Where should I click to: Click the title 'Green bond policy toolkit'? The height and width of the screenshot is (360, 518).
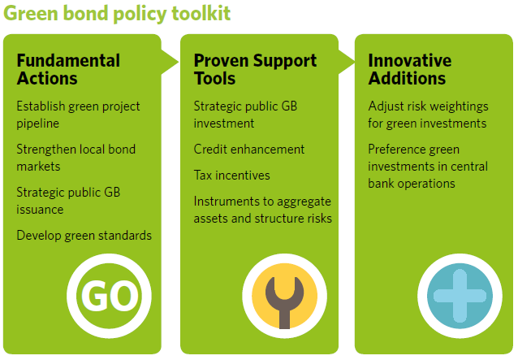117,14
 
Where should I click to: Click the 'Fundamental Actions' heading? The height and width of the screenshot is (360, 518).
68,69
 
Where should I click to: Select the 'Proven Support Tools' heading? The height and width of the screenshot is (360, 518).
255,69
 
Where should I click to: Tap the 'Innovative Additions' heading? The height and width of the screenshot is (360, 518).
410,69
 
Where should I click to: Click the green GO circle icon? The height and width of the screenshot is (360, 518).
109,296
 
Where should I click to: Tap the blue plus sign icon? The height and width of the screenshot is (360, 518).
460,296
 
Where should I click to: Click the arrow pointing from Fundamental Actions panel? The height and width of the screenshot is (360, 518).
170,62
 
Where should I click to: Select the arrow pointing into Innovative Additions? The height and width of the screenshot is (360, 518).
347,62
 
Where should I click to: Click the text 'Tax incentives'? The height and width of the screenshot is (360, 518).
232,176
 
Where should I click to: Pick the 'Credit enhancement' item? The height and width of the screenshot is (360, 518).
249,150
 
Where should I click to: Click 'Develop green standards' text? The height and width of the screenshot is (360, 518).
84,236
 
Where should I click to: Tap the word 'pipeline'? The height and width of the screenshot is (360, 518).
38,124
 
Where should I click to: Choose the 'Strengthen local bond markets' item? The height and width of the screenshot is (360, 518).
76,158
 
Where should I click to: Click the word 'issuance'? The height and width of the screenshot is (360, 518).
40,210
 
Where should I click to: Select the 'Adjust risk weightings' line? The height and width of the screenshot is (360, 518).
428,106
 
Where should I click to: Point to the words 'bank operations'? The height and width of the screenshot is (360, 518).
412,184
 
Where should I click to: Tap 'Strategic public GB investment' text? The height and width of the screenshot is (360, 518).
245,115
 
